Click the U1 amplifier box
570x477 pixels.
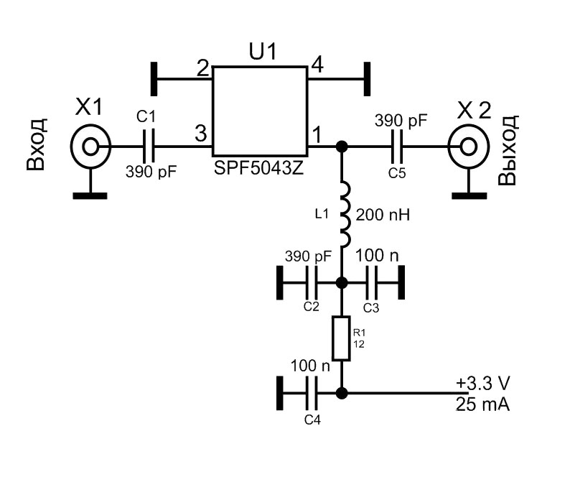tap(260, 110)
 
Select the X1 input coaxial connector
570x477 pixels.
tap(90, 147)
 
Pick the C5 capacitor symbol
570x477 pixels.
tap(397, 147)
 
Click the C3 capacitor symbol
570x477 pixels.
tap(371, 282)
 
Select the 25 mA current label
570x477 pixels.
tap(482, 405)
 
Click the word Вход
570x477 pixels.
tap(37, 147)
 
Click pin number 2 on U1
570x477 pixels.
tap(202, 69)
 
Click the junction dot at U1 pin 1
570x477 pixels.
tap(342, 147)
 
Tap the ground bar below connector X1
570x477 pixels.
tap(90, 193)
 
